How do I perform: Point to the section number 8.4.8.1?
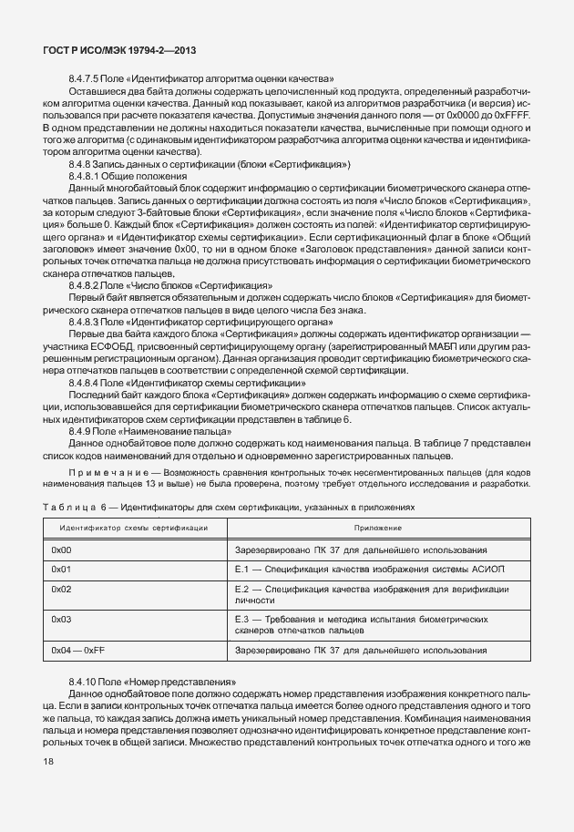tap(82, 176)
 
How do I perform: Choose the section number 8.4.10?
tap(81, 682)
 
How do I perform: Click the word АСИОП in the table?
tap(506, 570)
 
